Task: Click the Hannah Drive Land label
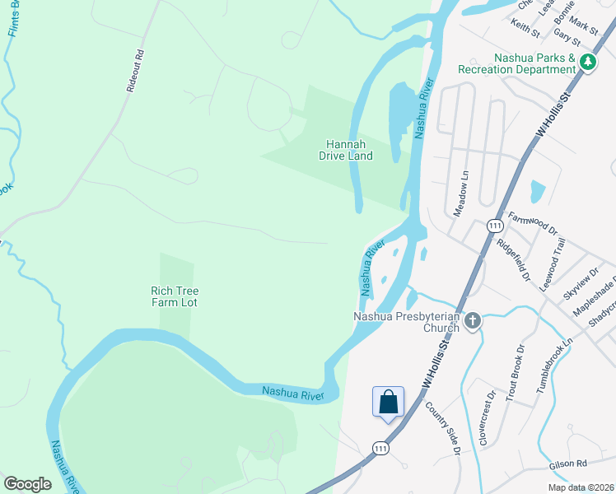pos(346,149)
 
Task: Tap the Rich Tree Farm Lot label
pos(175,296)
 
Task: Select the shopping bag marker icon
pos(389,403)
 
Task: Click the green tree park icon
pos(587,62)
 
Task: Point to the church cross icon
pos(473,321)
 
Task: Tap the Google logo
pos(28,483)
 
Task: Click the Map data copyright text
pos(581,487)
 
